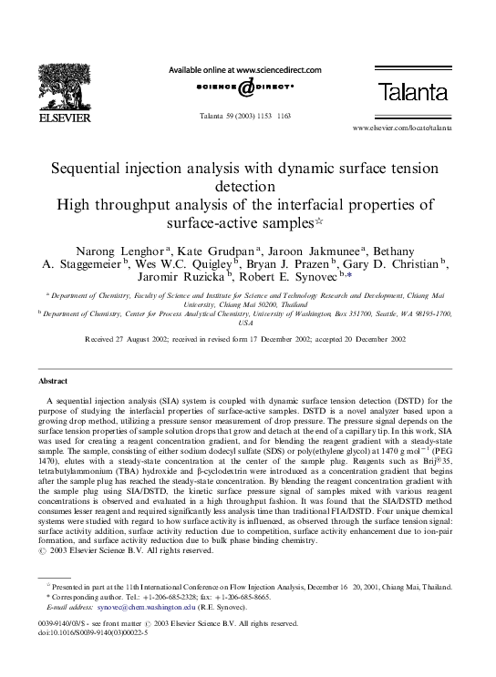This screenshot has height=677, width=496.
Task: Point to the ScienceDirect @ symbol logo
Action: pos(246,87)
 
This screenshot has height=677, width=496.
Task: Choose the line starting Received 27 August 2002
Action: pos(245,338)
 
